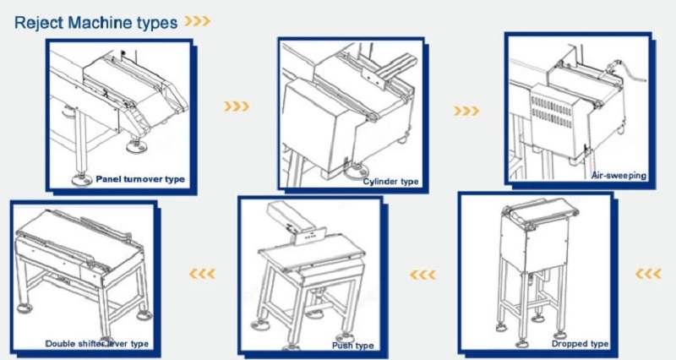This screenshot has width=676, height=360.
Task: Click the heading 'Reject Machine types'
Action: coord(95,23)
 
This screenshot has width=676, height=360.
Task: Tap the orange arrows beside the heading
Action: coord(198,21)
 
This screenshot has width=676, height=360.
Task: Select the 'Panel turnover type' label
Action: coord(140,179)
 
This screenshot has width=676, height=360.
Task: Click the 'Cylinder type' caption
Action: coord(390,182)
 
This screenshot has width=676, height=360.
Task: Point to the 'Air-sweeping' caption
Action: coord(619,176)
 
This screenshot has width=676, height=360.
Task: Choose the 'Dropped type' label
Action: coord(580,344)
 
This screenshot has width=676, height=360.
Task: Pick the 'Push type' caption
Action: coord(352,346)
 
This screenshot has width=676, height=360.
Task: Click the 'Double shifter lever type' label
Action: coord(96,344)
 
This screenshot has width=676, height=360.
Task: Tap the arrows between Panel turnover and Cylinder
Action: coord(237,106)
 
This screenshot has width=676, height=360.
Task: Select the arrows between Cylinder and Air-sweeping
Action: coord(466,112)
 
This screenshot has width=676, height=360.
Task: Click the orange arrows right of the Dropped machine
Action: coord(648,273)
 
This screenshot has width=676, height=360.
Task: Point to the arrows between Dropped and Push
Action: coord(422,275)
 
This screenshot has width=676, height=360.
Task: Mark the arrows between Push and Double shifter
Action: coord(202,274)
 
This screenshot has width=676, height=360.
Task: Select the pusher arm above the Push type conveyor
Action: coord(292,223)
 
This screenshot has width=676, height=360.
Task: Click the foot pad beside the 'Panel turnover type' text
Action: coord(82,180)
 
